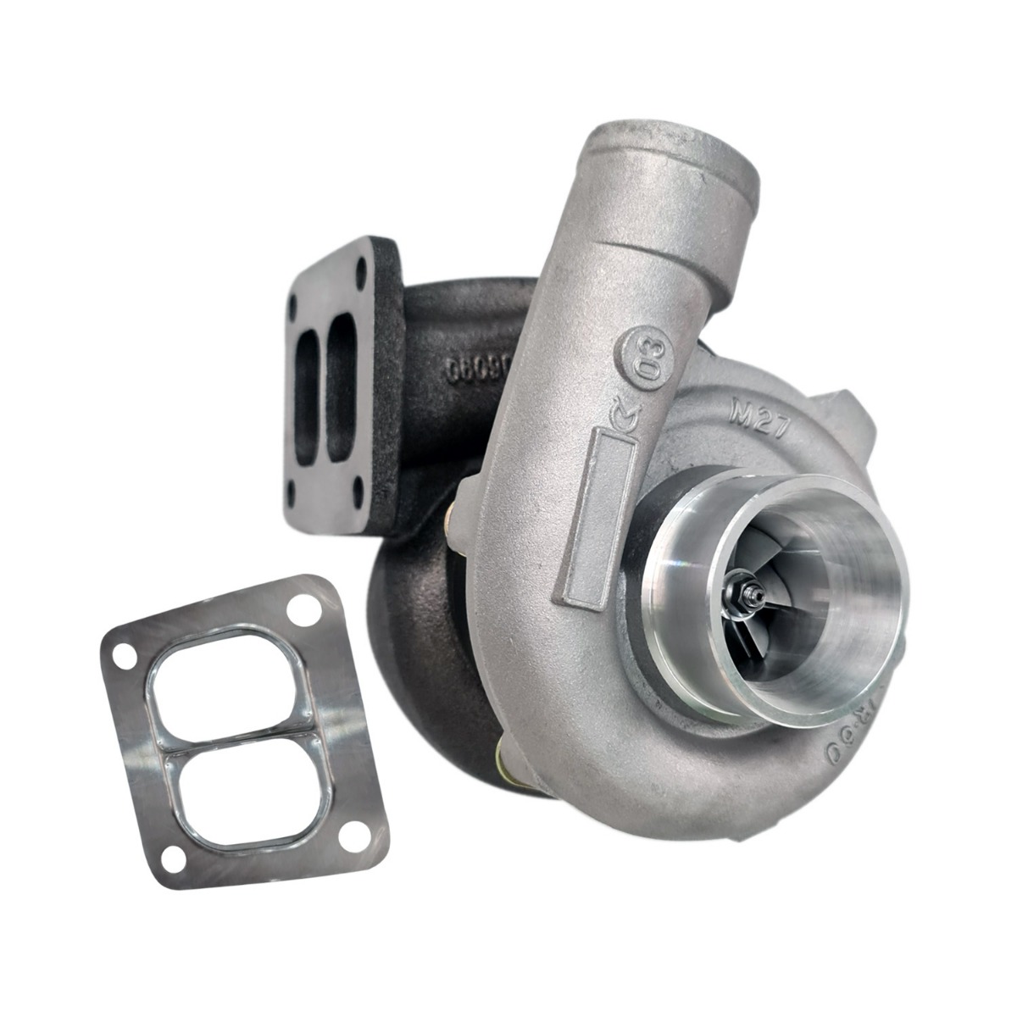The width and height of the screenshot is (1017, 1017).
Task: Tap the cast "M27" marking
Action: tap(758, 417)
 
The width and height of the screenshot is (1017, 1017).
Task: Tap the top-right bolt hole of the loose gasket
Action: tap(299, 609)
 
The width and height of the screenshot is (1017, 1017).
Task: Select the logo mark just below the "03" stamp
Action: tap(625, 413)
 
